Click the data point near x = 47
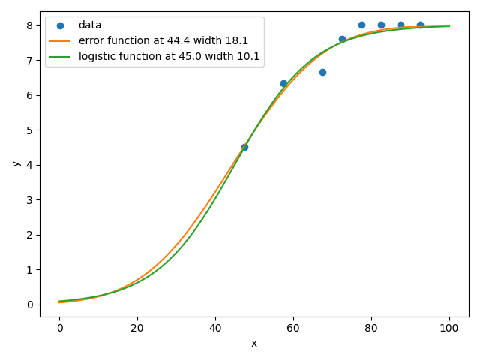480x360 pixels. coord(244,147)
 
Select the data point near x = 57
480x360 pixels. coord(283,83)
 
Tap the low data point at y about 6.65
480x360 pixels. coord(322,72)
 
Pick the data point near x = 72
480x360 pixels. coord(342,39)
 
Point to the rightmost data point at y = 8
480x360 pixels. coord(420,25)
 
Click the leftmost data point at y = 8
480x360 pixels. coord(361,25)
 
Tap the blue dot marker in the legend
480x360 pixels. coord(60,25)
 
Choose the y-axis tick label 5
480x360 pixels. coord(29,130)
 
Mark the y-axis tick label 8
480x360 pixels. coord(29,25)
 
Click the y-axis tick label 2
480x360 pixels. coord(29,235)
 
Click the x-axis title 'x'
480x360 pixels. coord(254,343)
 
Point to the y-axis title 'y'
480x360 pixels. coord(15,163)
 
